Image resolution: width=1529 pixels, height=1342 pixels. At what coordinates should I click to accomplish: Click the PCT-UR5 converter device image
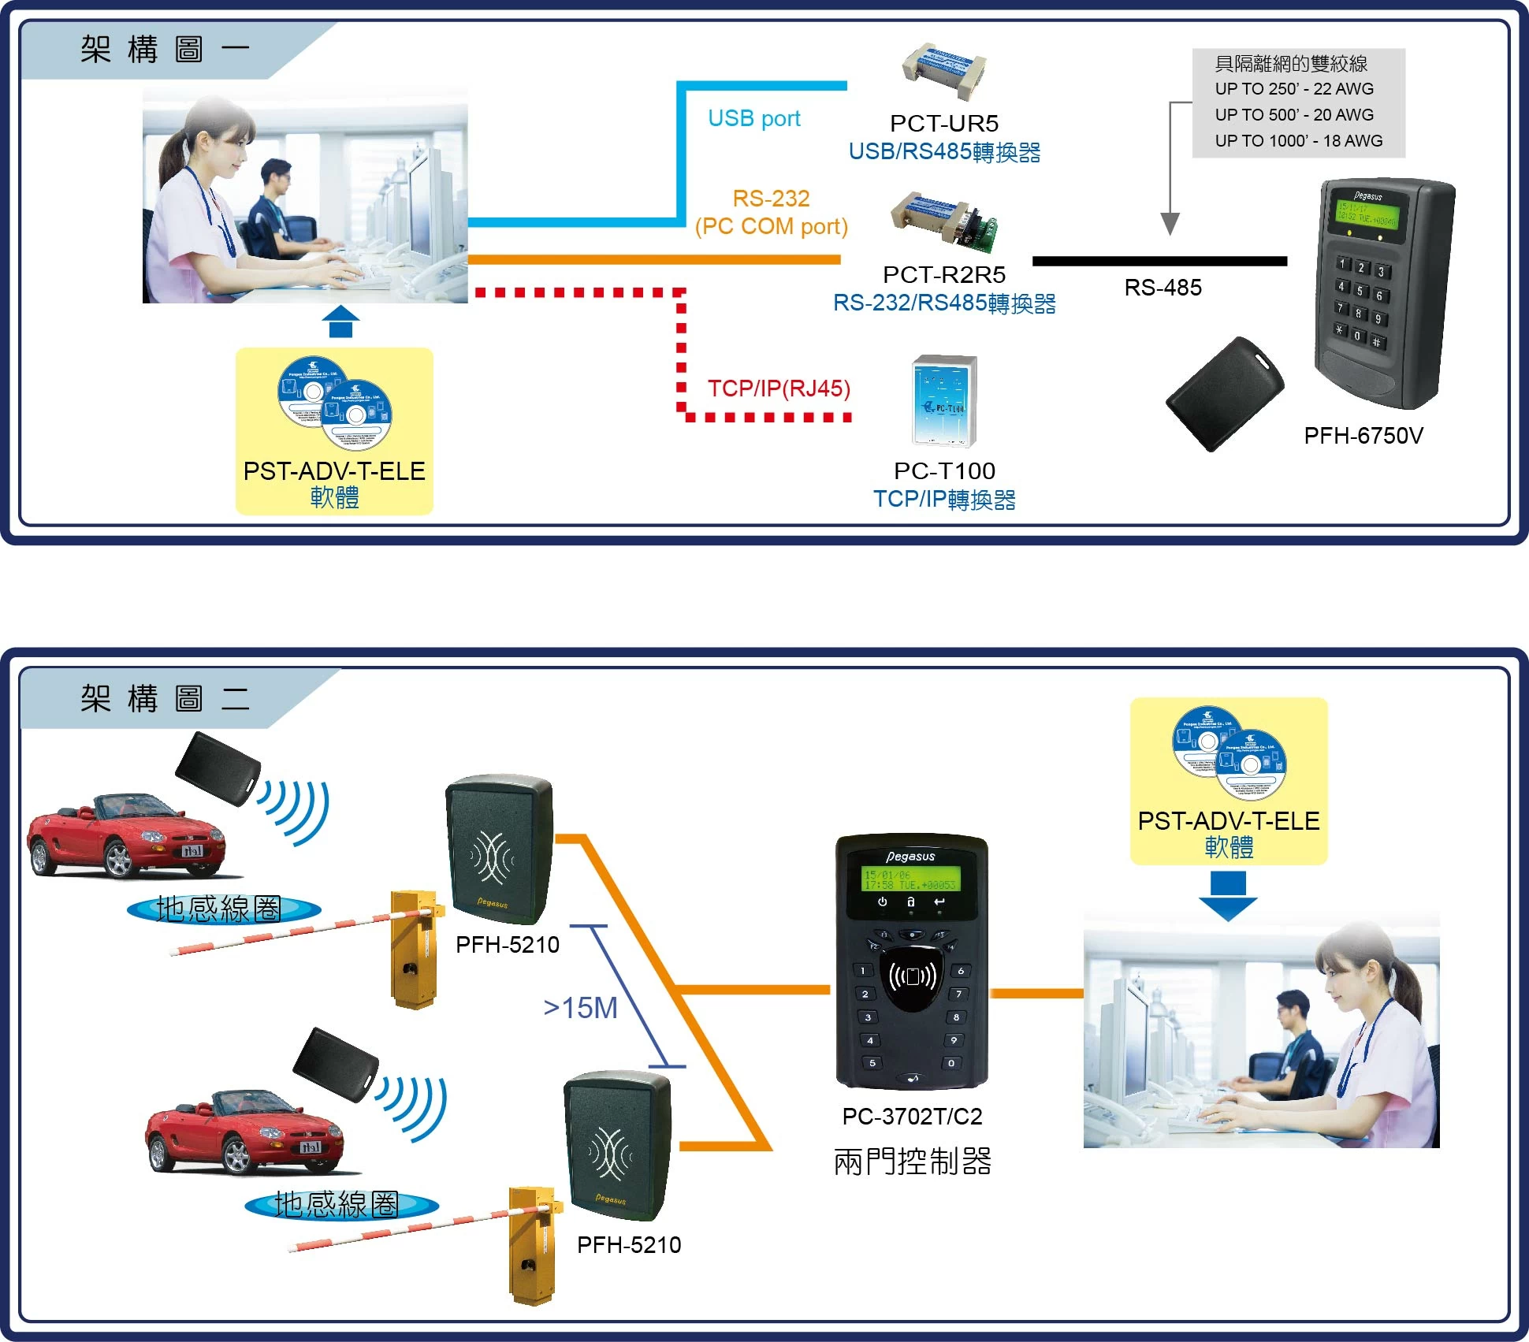944,70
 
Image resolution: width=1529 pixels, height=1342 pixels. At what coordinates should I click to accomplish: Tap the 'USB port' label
753,118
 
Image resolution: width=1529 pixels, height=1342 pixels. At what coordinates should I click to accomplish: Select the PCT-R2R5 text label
943,274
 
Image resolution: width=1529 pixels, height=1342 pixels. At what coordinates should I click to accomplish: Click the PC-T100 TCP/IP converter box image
944,401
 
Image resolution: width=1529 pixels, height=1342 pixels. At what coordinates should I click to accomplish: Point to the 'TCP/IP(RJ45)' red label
778,388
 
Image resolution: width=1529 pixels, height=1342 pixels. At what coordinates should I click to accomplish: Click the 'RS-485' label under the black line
1163,288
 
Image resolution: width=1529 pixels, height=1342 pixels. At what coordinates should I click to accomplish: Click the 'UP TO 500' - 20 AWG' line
1293,115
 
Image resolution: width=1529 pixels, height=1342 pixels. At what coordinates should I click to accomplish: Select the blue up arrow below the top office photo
340,322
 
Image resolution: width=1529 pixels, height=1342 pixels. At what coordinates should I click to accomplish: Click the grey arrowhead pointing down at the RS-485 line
1170,224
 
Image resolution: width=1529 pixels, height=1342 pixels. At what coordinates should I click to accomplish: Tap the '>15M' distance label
580,1008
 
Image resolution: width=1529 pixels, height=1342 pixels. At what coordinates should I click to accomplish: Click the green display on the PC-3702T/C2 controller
910,879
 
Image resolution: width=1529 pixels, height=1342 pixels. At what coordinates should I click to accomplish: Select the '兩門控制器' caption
912,1162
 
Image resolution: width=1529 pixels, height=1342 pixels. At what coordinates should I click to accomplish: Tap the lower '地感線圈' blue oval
340,1204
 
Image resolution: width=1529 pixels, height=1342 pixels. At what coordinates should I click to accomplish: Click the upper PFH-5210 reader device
500,849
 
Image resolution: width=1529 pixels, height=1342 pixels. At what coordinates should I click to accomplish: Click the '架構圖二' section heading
165,698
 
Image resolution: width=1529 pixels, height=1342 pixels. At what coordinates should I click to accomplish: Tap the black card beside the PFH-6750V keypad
1225,394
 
